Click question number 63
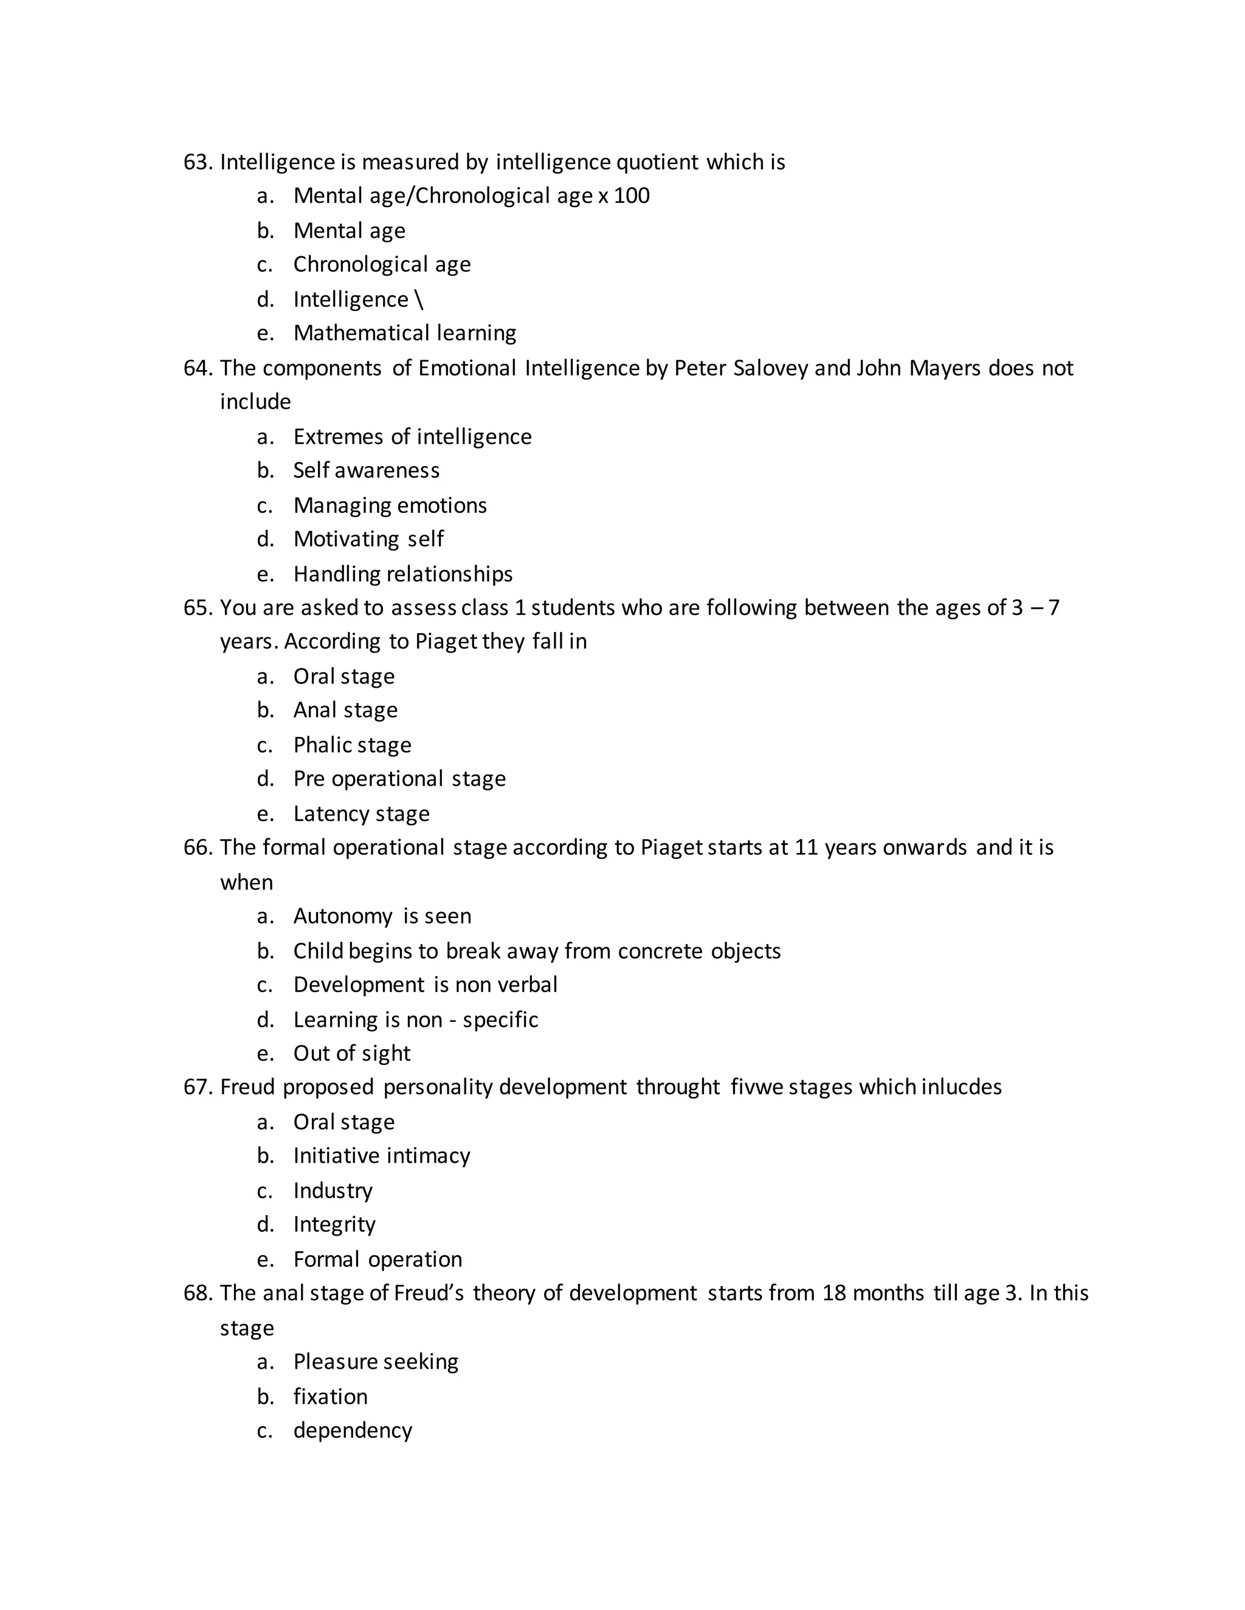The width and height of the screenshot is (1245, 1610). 198,162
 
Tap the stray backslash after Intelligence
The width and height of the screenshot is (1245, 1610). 419,300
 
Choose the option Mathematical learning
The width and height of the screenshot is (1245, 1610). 404,333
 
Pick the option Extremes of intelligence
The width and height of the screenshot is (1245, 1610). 412,437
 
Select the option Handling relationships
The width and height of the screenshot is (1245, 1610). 402,574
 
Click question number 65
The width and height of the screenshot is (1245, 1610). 198,608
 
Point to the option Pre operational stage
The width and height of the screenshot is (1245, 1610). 399,779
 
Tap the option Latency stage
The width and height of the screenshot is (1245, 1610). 362,814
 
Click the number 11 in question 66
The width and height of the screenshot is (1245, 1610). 806,848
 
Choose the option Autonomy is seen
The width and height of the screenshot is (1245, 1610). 382,916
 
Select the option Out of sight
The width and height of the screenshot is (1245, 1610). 352,1053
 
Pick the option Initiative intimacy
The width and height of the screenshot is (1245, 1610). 381,1156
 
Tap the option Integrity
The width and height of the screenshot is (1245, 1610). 334,1224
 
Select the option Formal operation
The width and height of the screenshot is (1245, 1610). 378,1259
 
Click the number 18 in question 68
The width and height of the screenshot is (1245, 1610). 833,1293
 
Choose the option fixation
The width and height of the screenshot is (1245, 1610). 331,1396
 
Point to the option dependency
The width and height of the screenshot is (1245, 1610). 353,1430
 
